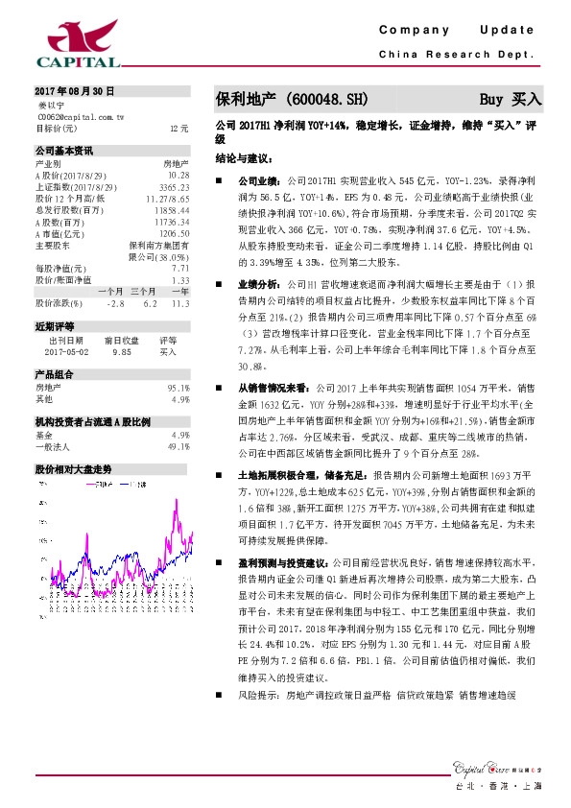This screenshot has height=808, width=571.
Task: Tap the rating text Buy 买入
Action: pyautogui.click(x=512, y=98)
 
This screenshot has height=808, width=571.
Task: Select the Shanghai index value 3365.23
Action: pyautogui.click(x=174, y=187)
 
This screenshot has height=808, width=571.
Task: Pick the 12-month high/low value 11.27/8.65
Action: pyautogui.click(x=166, y=198)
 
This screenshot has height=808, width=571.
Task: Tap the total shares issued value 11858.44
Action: pyautogui.click(x=171, y=209)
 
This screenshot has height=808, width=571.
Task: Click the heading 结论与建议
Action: pyautogui.click(x=244, y=155)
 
